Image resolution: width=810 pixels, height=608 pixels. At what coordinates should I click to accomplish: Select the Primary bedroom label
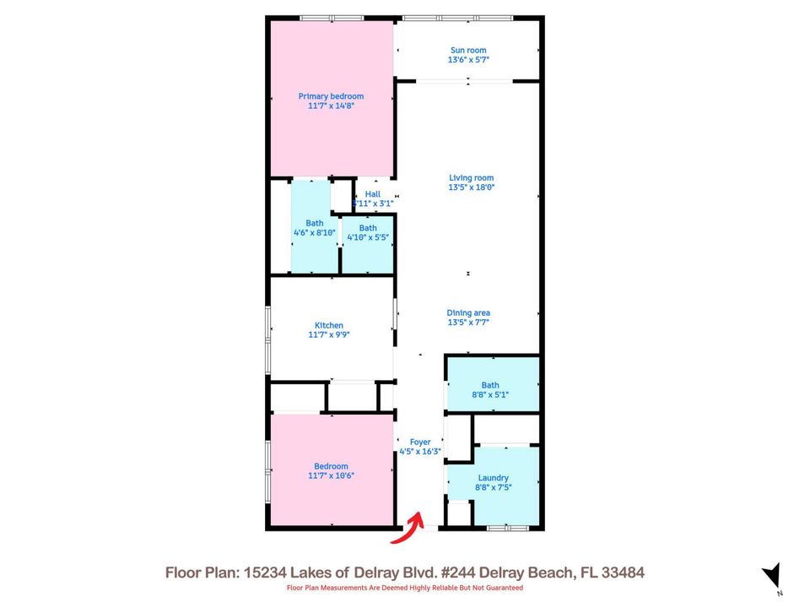pyautogui.click(x=331, y=96)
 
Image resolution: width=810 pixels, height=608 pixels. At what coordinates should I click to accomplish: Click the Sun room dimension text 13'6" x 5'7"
pyautogui.click(x=468, y=60)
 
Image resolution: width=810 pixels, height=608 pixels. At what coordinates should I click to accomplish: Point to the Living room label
pyautogui.click(x=471, y=177)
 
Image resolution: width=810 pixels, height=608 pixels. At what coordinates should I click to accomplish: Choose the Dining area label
pyautogui.click(x=468, y=312)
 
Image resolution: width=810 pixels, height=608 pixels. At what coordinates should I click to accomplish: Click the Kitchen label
pyautogui.click(x=329, y=325)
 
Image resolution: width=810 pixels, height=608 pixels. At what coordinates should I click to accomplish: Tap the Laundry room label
pyautogui.click(x=493, y=477)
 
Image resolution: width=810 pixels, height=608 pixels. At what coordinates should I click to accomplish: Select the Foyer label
pyautogui.click(x=420, y=442)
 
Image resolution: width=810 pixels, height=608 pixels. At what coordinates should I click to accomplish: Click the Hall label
pyautogui.click(x=372, y=194)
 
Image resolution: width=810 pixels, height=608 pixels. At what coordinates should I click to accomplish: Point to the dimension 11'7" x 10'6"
pyautogui.click(x=331, y=475)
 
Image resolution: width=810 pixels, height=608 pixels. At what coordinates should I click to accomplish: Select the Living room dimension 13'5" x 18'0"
pyautogui.click(x=471, y=187)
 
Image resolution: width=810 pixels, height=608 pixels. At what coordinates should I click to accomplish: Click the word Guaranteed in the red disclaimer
pyautogui.click(x=501, y=588)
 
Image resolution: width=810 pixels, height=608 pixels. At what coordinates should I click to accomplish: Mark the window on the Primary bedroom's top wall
pyautogui.click(x=327, y=18)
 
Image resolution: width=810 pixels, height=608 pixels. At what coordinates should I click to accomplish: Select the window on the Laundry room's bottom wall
pyautogui.click(x=509, y=528)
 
